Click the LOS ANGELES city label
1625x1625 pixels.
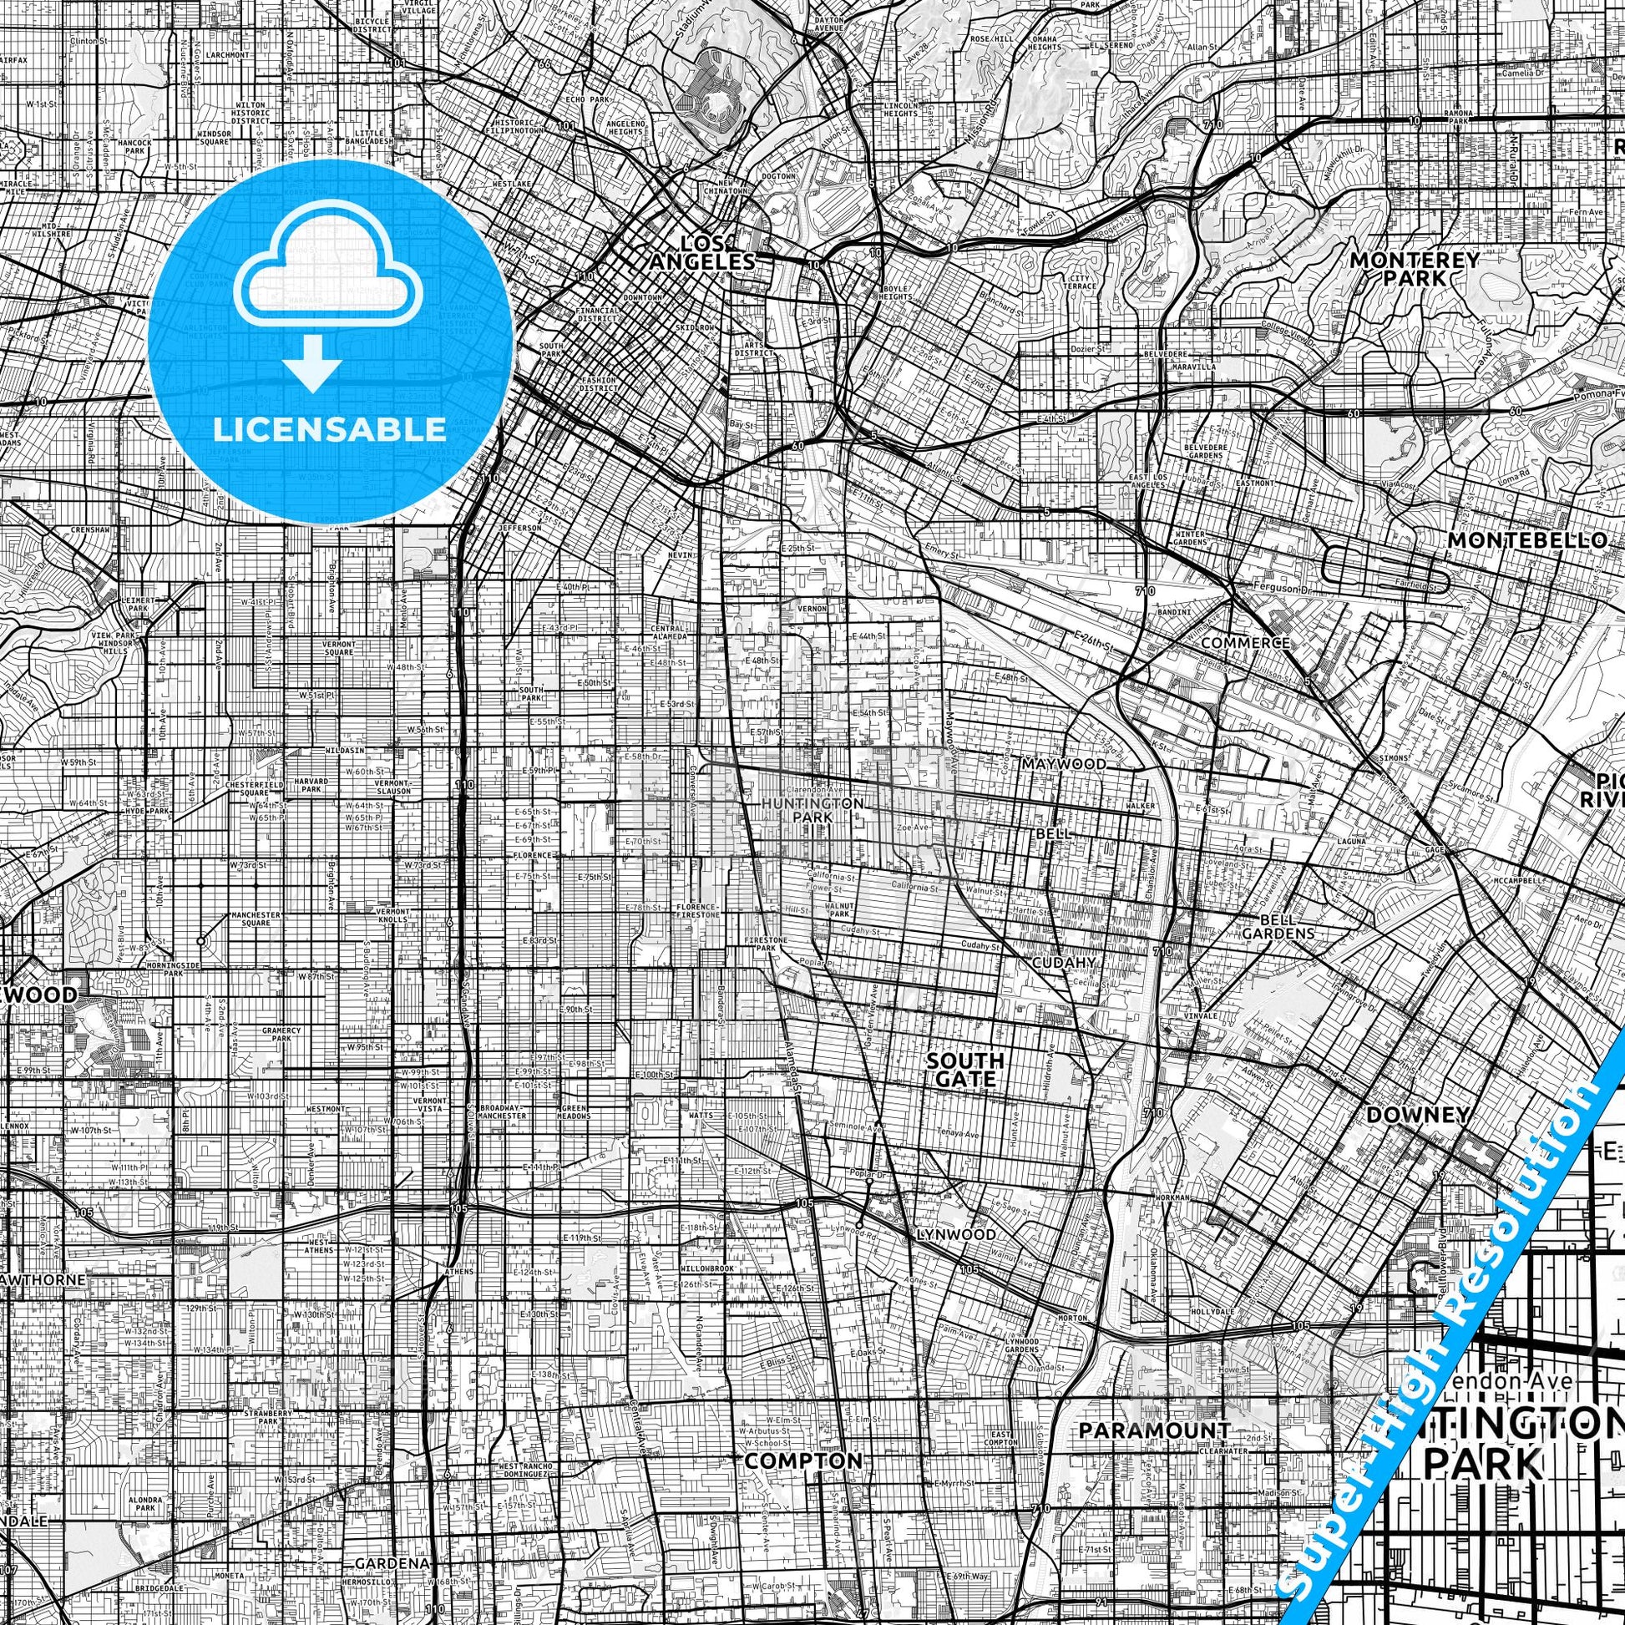(701, 253)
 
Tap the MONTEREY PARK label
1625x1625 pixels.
(1413, 268)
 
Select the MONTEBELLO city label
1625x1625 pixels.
(1526, 540)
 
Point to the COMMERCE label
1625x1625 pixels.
(1245, 643)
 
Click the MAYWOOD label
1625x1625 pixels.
(1064, 764)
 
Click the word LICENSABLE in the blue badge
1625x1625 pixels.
(330, 429)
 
